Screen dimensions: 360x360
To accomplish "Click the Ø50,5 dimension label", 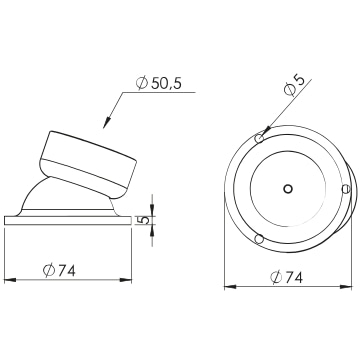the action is (x=159, y=83).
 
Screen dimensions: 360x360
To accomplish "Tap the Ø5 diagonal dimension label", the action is (x=294, y=85).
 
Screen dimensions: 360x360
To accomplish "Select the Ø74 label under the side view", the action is (x=59, y=271).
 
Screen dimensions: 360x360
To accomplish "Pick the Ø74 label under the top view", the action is (x=287, y=277).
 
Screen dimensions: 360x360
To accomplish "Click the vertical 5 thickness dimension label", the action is (x=143, y=220).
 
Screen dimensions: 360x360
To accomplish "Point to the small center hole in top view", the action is (x=288, y=189).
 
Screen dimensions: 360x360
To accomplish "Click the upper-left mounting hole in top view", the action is (x=259, y=138).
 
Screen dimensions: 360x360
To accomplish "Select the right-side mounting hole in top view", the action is (x=346, y=189).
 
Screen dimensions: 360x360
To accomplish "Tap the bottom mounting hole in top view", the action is (x=259, y=239).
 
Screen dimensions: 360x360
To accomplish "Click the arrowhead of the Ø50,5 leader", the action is (x=106, y=123).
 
